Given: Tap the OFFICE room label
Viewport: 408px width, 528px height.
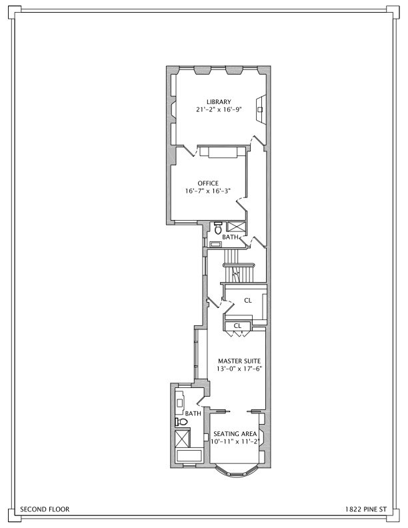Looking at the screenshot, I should (208, 183).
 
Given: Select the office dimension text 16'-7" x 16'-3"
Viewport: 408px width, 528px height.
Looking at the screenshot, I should (208, 191).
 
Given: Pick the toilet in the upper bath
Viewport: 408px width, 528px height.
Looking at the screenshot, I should (218, 228).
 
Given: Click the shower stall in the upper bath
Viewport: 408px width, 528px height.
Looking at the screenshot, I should (237, 227).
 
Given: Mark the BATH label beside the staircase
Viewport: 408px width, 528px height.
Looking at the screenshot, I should (230, 237).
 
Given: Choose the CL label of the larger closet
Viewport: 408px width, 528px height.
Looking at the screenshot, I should (247, 301).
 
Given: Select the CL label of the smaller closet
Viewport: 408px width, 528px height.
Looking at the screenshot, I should (237, 325).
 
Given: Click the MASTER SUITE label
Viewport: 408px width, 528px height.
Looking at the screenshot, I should (235, 361).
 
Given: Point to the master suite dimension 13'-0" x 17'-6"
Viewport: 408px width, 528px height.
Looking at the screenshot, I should (235, 369).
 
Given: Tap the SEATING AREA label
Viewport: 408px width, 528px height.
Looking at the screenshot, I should (235, 433).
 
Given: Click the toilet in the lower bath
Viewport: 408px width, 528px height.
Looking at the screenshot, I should (179, 422).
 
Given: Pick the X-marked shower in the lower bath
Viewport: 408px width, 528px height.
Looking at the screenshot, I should (181, 439).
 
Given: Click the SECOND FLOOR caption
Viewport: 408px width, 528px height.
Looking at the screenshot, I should (45, 509).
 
